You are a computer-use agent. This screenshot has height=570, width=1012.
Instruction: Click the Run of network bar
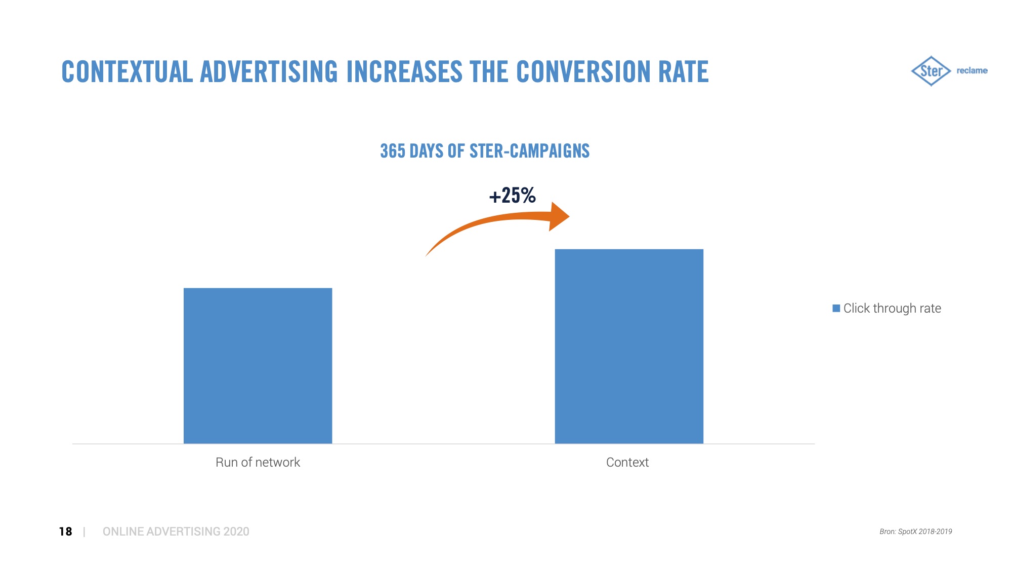pyautogui.click(x=258, y=365)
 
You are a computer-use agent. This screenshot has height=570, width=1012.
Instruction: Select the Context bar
pyautogui.click(x=629, y=346)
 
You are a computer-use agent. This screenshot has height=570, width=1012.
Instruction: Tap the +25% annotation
pyautogui.click(x=512, y=196)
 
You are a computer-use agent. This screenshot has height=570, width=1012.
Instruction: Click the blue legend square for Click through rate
pyautogui.click(x=836, y=308)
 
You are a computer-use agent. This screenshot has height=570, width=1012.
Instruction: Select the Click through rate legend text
pyautogui.click(x=892, y=308)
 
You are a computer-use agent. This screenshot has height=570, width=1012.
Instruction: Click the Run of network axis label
pyautogui.click(x=258, y=462)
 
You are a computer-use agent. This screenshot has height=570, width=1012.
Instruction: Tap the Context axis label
pyautogui.click(x=627, y=462)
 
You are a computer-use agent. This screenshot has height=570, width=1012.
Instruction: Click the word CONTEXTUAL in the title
pyautogui.click(x=127, y=72)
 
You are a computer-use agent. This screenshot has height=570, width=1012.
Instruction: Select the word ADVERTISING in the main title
pyautogui.click(x=269, y=72)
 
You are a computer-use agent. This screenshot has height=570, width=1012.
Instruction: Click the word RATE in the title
pyautogui.click(x=683, y=72)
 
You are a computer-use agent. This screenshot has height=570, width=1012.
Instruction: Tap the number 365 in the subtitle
pyautogui.click(x=393, y=151)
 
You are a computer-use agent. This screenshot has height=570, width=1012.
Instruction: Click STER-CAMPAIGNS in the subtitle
pyautogui.click(x=529, y=151)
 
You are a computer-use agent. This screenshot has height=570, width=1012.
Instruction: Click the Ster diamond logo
pyautogui.click(x=931, y=71)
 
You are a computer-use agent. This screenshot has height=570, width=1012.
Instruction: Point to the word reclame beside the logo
pyautogui.click(x=972, y=70)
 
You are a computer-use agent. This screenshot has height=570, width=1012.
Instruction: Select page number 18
pyautogui.click(x=65, y=531)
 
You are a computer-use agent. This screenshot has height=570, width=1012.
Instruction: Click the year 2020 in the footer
pyautogui.click(x=236, y=531)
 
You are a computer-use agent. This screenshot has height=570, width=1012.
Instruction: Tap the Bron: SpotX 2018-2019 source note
pyautogui.click(x=915, y=531)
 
